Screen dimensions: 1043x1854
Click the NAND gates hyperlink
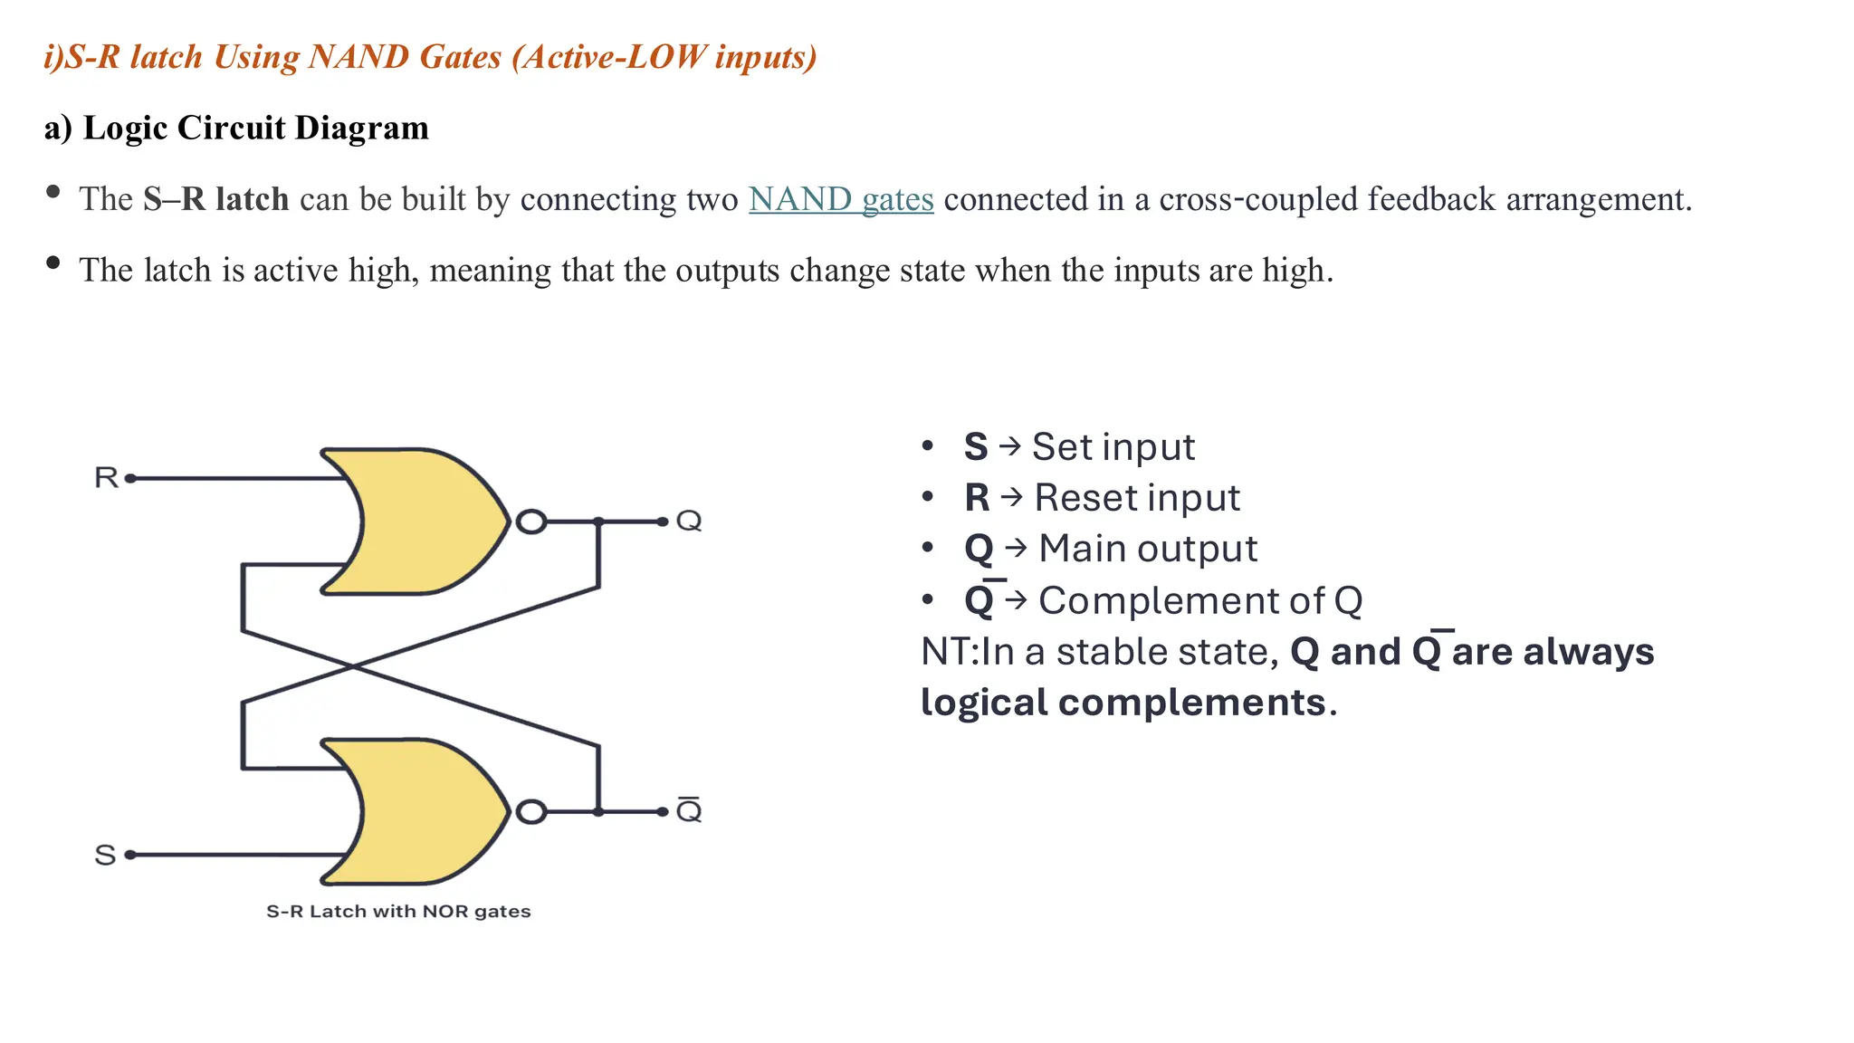(840, 199)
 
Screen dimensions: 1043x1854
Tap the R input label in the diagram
(106, 477)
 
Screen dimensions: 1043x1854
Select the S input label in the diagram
(105, 855)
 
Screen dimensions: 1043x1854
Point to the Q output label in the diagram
(689, 521)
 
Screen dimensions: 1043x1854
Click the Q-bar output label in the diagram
(689, 810)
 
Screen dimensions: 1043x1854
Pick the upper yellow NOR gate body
(425, 521)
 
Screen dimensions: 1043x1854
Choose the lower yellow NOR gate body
(425, 811)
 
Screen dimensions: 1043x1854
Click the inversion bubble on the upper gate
(531, 521)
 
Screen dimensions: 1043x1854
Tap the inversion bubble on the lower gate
(531, 812)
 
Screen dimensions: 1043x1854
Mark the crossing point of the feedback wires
(353, 667)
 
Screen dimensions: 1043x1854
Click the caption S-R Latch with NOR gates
(398, 912)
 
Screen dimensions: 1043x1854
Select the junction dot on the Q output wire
(598, 521)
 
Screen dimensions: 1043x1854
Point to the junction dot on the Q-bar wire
(598, 812)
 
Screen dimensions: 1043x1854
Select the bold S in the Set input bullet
(975, 447)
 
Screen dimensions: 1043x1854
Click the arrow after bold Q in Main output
(1016, 549)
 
